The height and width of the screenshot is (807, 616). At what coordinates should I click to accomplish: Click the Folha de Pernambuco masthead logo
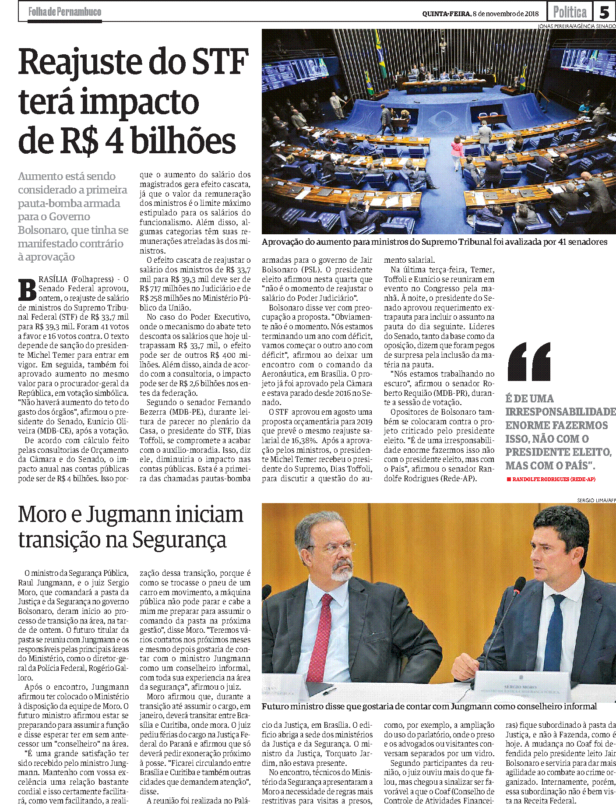click(x=64, y=12)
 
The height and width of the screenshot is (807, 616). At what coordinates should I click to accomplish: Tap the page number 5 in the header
click(x=604, y=12)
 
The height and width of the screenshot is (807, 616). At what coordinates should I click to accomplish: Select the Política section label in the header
click(x=570, y=12)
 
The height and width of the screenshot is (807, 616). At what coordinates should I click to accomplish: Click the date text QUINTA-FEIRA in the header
click(x=447, y=14)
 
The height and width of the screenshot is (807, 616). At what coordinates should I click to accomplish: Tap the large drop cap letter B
click(x=27, y=289)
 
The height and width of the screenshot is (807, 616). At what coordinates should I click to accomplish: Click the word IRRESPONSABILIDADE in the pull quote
click(x=560, y=412)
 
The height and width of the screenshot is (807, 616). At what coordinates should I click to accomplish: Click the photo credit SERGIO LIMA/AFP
click(x=596, y=500)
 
